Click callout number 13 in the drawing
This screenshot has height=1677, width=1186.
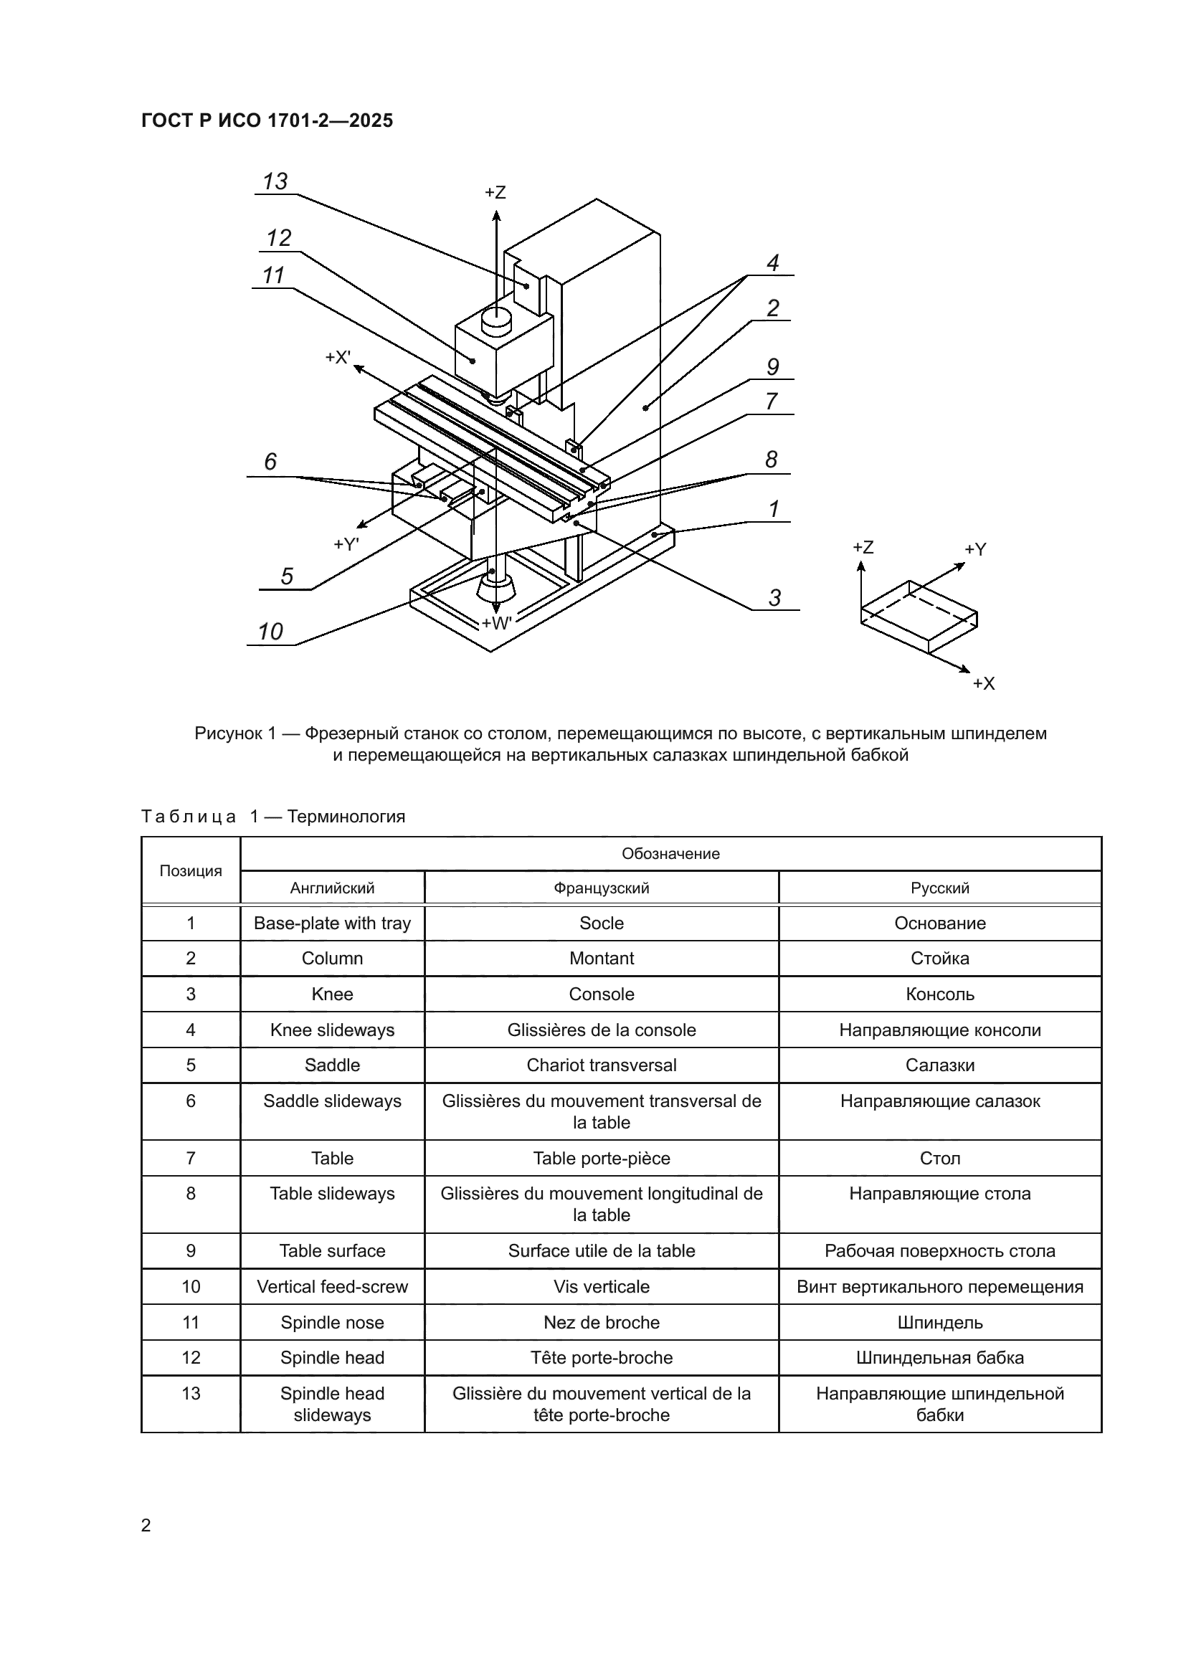tap(275, 181)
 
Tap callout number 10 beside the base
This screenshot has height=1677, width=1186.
tap(270, 631)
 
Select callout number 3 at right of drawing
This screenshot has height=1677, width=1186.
tap(775, 597)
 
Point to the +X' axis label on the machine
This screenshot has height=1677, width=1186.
tap(338, 357)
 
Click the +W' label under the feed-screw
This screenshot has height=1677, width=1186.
tap(497, 623)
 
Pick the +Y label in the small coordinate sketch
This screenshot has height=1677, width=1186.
tap(975, 549)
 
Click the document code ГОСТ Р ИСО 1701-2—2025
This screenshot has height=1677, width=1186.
tap(267, 120)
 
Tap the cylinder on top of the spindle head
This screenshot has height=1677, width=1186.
tap(496, 320)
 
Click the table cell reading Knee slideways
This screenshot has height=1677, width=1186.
tap(332, 1030)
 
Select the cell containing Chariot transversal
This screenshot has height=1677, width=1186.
tap(601, 1065)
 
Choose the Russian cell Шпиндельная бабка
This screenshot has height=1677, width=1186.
tap(940, 1357)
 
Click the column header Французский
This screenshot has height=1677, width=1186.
tap(601, 888)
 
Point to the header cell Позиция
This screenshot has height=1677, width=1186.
tap(191, 870)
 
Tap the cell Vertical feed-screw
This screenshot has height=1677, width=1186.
tap(332, 1286)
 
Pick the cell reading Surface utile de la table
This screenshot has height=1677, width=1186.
tap(601, 1250)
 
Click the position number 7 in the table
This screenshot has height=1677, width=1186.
tap(191, 1158)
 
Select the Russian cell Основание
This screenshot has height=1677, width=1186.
tap(940, 923)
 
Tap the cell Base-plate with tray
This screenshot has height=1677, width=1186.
tap(332, 923)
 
